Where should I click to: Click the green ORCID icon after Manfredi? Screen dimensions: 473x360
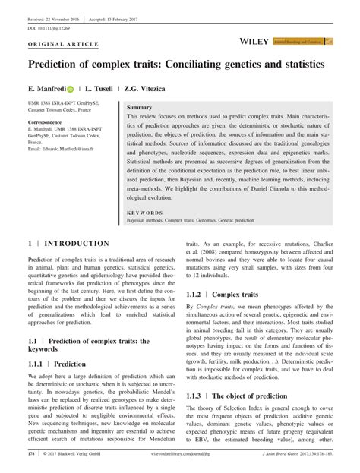pyautogui.click(x=81, y=89)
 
